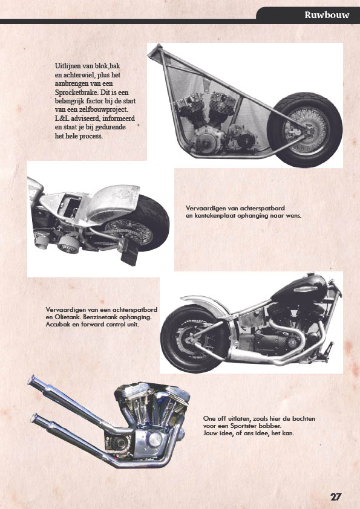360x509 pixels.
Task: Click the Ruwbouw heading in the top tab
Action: pyautogui.click(x=327, y=15)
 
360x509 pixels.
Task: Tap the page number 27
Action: pyautogui.click(x=336, y=497)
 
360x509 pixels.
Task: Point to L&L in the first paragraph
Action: pyautogui.click(x=62, y=118)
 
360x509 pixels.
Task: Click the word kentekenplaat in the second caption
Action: pyautogui.click(x=215, y=215)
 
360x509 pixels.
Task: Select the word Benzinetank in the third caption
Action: pyautogui.click(x=98, y=317)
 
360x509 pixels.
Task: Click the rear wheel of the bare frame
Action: pyautogui.click(x=305, y=129)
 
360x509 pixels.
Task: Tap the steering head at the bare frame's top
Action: pyautogui.click(x=155, y=52)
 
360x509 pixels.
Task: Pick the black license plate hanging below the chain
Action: pyautogui.click(x=129, y=256)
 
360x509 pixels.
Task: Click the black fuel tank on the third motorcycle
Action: pyautogui.click(x=299, y=288)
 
